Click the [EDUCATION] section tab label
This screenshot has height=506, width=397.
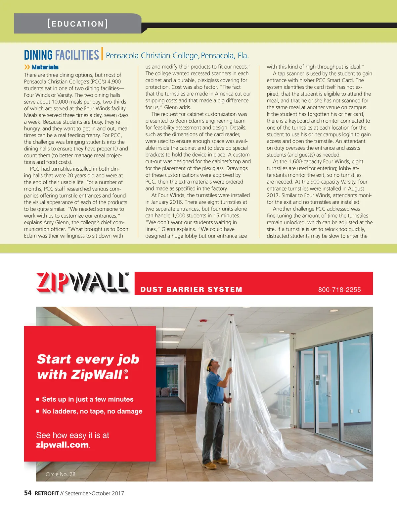78,24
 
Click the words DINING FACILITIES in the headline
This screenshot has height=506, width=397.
62,55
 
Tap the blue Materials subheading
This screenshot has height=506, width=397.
45,67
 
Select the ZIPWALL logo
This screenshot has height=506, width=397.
82,283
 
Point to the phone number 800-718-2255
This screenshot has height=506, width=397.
339,290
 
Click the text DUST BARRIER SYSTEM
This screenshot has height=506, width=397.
191,290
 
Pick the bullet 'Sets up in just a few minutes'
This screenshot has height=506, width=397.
88,399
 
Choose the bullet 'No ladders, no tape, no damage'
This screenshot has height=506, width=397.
92,411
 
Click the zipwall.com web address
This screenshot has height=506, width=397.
63,445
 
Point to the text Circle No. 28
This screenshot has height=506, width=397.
61,474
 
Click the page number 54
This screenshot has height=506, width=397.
28,493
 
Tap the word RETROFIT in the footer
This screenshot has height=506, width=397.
47,493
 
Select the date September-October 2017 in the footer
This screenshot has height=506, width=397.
94,493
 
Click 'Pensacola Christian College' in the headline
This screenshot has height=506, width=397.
152,56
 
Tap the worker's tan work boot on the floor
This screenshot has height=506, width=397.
211,466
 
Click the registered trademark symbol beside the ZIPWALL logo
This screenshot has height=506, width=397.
127,274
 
